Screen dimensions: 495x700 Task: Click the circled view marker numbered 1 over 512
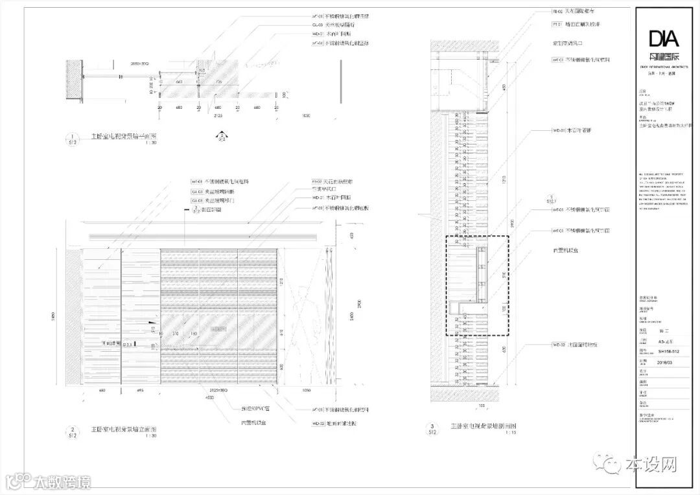[72, 139]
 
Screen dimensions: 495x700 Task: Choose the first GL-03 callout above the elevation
[196, 192]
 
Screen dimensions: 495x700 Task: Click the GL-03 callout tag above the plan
[318, 25]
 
